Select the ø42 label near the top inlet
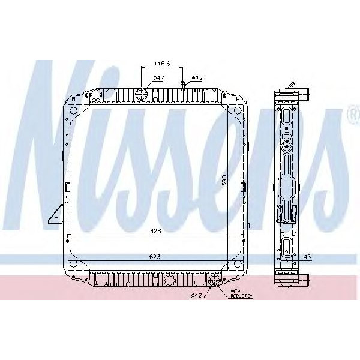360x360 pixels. tap(158, 77)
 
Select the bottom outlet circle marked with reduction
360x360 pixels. tap(213, 280)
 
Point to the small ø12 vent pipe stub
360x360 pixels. tap(182, 88)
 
